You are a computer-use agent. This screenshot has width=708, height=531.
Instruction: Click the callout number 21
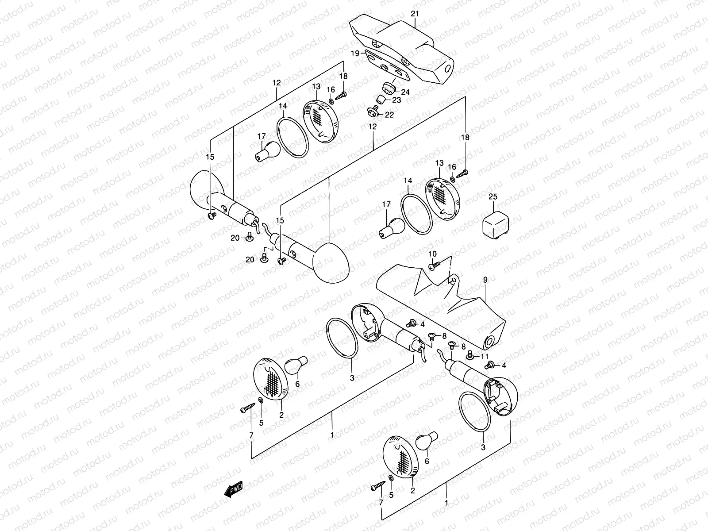(x=415, y=14)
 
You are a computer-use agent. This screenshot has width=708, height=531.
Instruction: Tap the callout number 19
(x=355, y=53)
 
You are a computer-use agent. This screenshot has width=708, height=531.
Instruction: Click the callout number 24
(x=405, y=92)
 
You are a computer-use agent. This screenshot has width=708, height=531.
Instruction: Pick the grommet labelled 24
(x=389, y=88)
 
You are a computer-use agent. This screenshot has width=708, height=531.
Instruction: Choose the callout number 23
(x=396, y=100)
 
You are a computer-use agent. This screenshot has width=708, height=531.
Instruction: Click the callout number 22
(x=389, y=115)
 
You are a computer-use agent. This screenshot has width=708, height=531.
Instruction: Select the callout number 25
(x=493, y=196)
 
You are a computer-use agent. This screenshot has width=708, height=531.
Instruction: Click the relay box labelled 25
(x=496, y=225)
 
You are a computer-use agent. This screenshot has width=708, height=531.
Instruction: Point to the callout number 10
(x=432, y=254)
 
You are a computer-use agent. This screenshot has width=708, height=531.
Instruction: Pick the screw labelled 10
(x=434, y=265)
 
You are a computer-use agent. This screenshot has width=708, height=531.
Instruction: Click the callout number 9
(x=485, y=280)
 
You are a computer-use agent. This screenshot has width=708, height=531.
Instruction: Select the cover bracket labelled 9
(x=442, y=306)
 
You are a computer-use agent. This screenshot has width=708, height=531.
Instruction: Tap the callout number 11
(x=485, y=357)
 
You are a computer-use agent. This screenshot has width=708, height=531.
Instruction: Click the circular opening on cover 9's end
(x=489, y=341)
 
